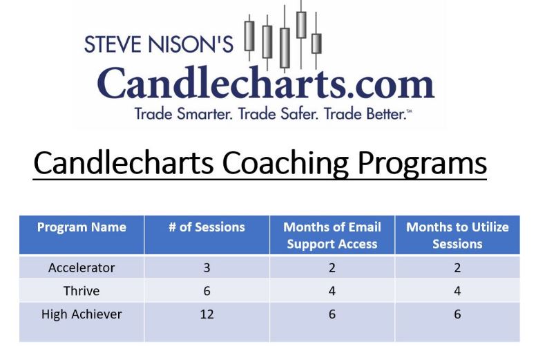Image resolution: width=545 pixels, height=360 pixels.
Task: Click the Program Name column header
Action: [82, 227]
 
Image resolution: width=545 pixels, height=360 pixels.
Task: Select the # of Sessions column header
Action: [207, 227]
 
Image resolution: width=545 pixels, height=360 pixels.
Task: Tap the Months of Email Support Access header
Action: [332, 235]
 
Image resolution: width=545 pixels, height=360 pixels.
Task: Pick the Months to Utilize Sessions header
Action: [457, 235]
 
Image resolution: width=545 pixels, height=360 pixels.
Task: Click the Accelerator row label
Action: [82, 267]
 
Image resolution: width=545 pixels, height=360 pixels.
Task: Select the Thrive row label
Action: [82, 291]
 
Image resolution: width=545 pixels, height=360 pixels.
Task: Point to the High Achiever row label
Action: [82, 314]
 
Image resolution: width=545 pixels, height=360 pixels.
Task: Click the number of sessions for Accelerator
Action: [207, 267]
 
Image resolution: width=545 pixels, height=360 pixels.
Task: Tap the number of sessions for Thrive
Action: [207, 291]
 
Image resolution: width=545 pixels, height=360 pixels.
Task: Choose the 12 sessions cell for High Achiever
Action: [207, 314]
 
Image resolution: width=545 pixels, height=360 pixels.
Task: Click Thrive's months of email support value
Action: [332, 291]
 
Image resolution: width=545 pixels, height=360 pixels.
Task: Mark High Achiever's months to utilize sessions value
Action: [457, 314]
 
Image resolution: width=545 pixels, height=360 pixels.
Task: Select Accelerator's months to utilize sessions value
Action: [457, 267]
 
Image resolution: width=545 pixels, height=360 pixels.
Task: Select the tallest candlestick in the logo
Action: [301, 21]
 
